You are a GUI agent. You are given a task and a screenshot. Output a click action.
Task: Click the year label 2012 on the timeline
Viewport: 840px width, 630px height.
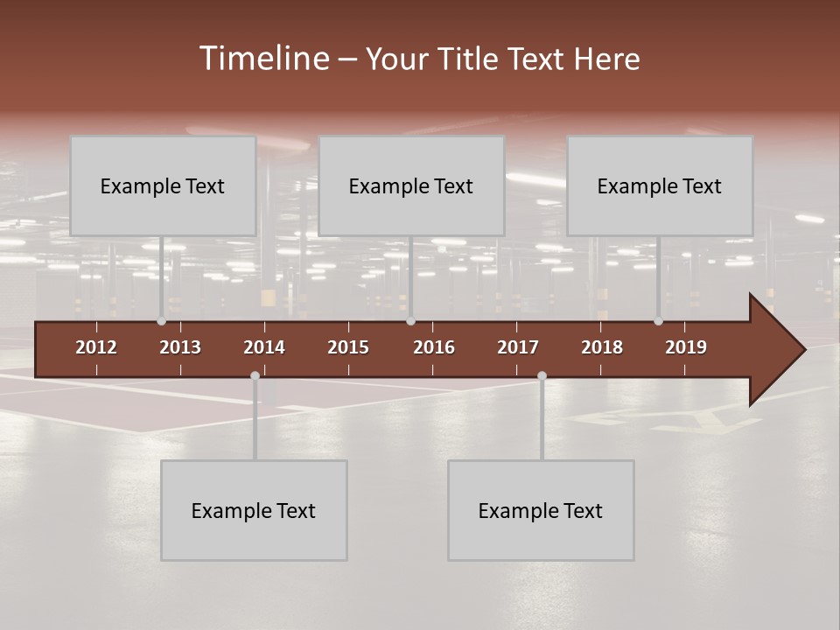coord(96,347)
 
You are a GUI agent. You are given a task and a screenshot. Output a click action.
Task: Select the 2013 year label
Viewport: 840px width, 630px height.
coord(180,347)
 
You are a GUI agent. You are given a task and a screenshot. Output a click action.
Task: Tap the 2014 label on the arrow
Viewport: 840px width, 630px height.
coord(264,347)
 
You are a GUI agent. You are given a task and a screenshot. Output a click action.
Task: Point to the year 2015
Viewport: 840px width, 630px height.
coord(348,347)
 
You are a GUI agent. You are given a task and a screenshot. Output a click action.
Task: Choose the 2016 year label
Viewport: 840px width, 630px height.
coord(434,347)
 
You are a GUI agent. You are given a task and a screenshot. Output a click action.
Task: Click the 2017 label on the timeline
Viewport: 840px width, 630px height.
coord(518,347)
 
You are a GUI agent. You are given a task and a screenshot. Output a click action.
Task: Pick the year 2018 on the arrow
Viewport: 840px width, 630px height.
coord(602,347)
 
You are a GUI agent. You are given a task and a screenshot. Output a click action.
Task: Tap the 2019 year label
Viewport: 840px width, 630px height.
coord(686,347)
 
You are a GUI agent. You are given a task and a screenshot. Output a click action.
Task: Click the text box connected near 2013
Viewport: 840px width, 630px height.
coord(163,185)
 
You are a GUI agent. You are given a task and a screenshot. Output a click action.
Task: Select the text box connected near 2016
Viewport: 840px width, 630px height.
coord(411,185)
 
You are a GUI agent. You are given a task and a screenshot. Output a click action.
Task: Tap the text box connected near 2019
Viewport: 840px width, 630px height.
coord(660,185)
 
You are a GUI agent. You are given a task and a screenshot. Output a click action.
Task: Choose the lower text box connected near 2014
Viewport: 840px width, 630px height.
coord(254,510)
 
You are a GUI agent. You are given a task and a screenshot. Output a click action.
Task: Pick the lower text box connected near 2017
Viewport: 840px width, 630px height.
coord(541,510)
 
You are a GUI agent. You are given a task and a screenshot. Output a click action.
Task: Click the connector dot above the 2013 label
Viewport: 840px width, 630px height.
coord(161,321)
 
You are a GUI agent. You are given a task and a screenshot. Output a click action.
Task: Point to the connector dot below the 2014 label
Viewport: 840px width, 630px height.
coord(255,376)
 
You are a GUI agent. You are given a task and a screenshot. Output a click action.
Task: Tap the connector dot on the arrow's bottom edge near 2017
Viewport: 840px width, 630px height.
coord(542,376)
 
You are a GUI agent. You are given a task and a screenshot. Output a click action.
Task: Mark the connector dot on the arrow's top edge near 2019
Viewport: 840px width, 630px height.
coord(658,321)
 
